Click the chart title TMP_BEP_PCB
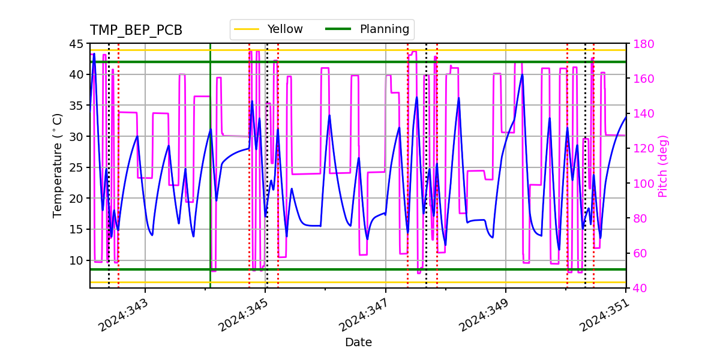(136, 31)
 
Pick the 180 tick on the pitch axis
(640, 44)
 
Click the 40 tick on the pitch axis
(637, 288)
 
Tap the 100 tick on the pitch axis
(640, 184)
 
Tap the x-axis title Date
(358, 343)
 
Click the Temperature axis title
(58, 165)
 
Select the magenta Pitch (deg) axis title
(663, 166)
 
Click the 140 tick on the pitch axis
(640, 113)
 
